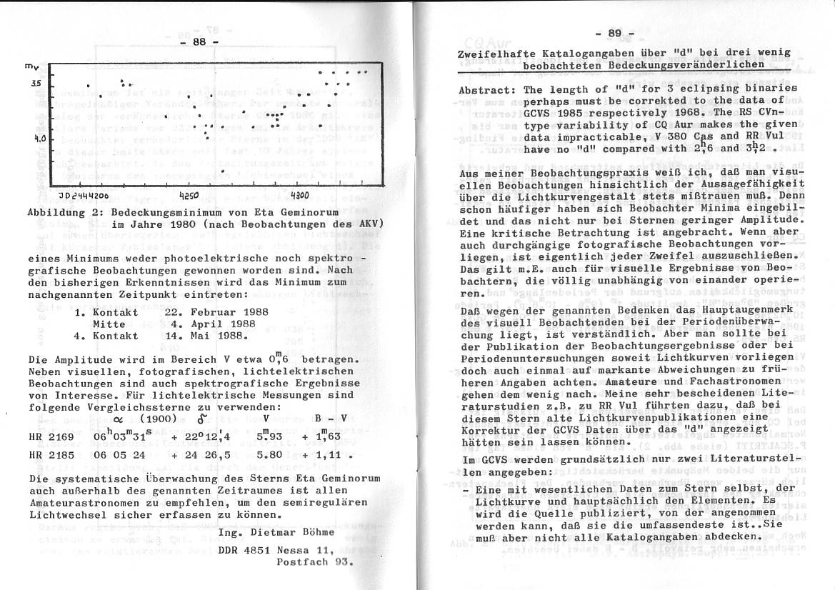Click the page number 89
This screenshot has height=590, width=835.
pyautogui.click(x=614, y=33)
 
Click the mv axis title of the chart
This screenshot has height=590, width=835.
pyautogui.click(x=31, y=67)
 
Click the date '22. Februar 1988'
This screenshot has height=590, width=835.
pyautogui.click(x=216, y=311)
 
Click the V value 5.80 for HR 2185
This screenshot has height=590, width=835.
pyautogui.click(x=268, y=454)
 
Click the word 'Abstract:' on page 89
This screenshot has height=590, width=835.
pyautogui.click(x=487, y=90)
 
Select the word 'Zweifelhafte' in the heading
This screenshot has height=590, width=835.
pyautogui.click(x=494, y=52)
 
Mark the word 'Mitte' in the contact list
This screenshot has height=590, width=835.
pyautogui.click(x=109, y=324)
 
